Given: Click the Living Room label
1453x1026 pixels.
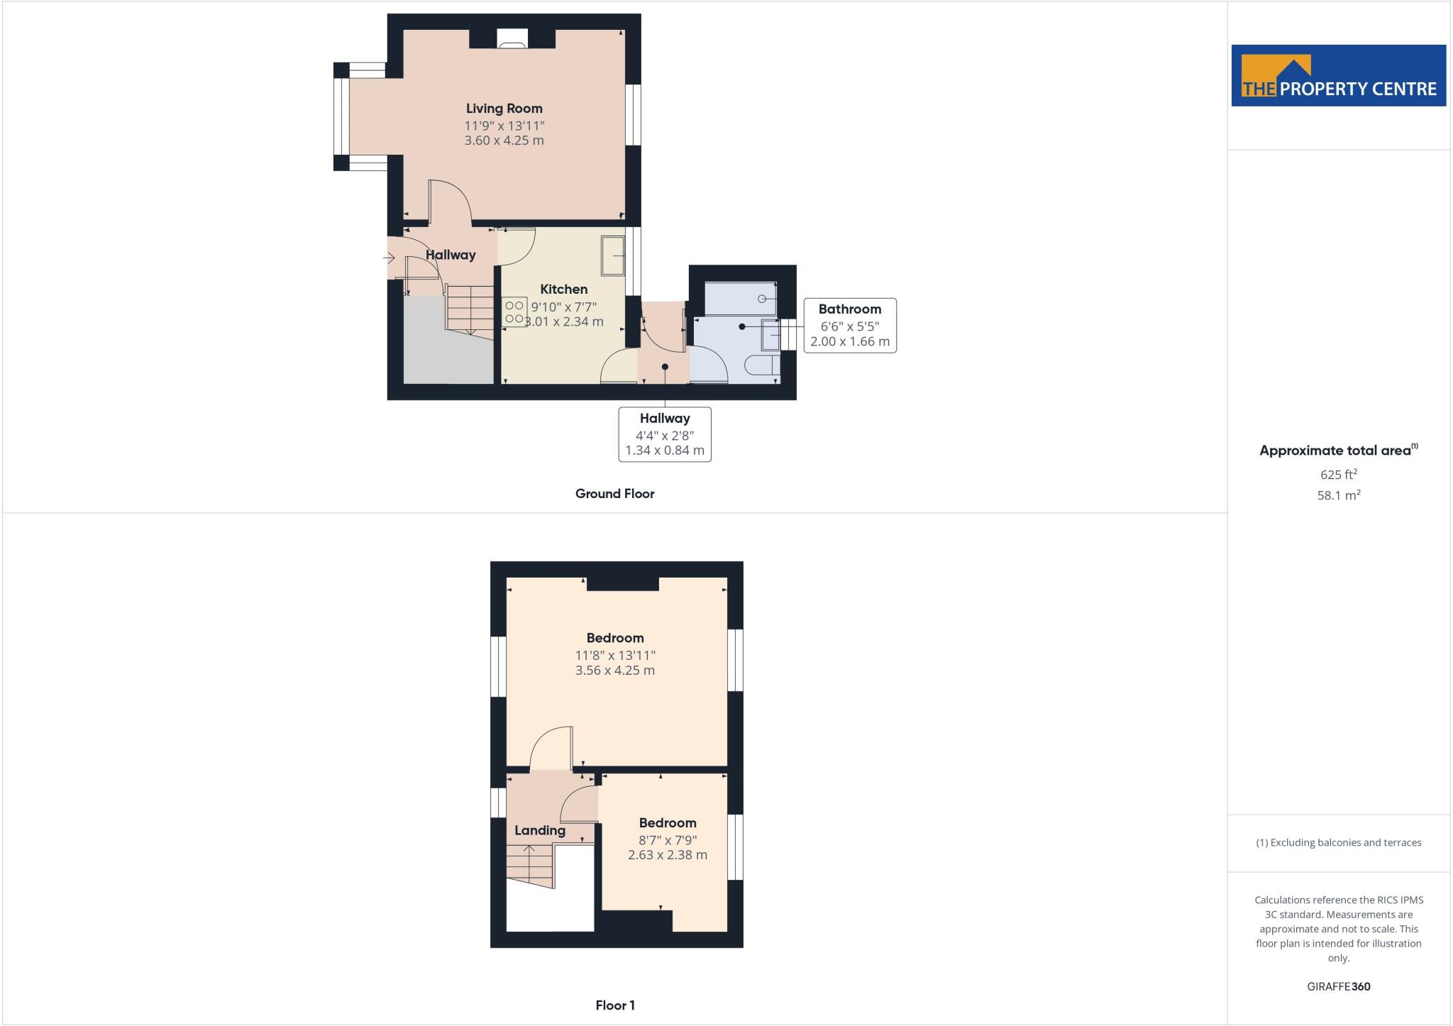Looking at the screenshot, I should [504, 109].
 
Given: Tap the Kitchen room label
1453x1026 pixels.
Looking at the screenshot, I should [563, 289].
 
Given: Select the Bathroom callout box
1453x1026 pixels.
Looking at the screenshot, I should [849, 325].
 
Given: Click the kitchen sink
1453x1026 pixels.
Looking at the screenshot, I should [612, 255].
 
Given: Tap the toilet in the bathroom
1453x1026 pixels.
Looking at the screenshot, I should [762, 365].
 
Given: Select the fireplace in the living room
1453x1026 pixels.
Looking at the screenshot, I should [512, 40].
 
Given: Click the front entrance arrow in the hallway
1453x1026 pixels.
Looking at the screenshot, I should [389, 258].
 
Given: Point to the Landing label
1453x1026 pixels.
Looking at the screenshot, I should [540, 830].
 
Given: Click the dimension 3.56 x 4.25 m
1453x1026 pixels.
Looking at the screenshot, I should [614, 671].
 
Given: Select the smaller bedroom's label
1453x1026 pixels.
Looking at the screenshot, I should [667, 823].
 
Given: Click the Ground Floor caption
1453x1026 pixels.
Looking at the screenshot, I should [614, 494].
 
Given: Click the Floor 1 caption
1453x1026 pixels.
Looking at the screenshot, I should [614, 1005].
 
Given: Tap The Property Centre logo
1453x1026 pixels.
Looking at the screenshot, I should [1338, 76].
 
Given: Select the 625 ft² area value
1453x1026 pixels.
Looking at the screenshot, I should [1338, 475].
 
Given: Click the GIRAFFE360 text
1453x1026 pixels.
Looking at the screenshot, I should [1338, 986].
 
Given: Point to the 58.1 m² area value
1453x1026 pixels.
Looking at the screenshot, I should [1338, 496].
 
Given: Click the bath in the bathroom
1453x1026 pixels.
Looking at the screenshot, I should [740, 299].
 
